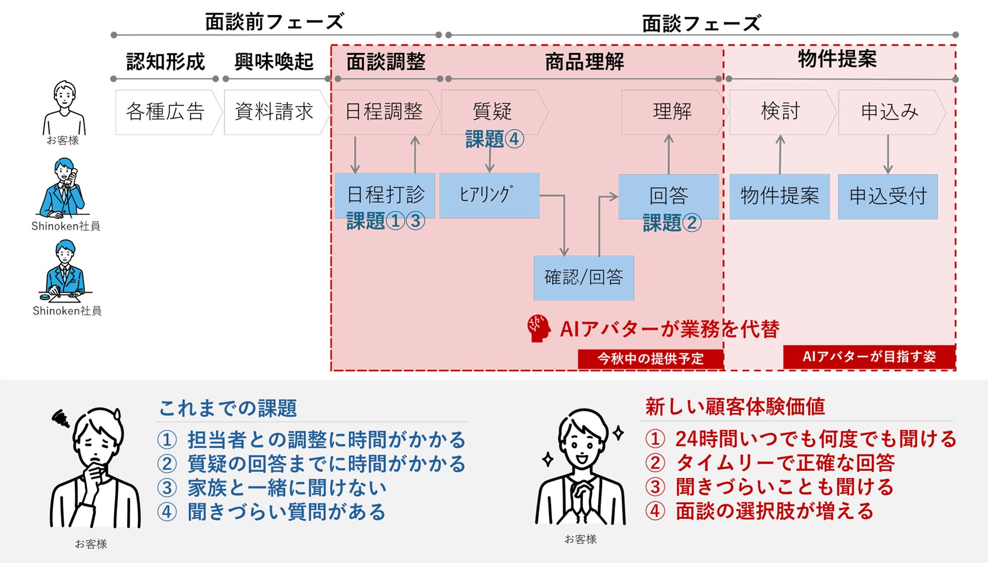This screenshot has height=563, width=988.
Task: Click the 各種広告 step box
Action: pos(166,112)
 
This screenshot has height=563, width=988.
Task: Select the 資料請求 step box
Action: pos(274,112)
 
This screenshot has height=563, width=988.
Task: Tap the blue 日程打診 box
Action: pos(385,195)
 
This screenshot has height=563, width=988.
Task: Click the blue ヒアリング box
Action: pos(489,195)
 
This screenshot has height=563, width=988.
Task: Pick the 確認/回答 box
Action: pos(584,277)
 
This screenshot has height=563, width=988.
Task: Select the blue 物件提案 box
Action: pos(779,196)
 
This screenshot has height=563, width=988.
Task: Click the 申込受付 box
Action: pos(888,196)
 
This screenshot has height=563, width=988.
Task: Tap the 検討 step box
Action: pos(780,112)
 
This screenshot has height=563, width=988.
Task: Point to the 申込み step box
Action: pos(890,112)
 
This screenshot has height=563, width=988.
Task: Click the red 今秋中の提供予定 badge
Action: pos(651,359)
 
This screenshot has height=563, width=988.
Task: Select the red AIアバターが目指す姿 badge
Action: pos(869,357)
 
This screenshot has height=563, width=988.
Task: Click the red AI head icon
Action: pos(538,328)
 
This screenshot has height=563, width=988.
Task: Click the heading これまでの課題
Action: pos(227,408)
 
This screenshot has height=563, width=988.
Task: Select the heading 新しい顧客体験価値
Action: pos(735,407)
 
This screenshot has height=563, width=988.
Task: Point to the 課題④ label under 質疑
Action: pos(494,139)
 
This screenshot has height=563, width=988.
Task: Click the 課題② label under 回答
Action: pos(672,223)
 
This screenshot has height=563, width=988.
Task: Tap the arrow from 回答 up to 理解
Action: pos(669,154)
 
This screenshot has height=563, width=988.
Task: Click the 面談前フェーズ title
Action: pos(274,22)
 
